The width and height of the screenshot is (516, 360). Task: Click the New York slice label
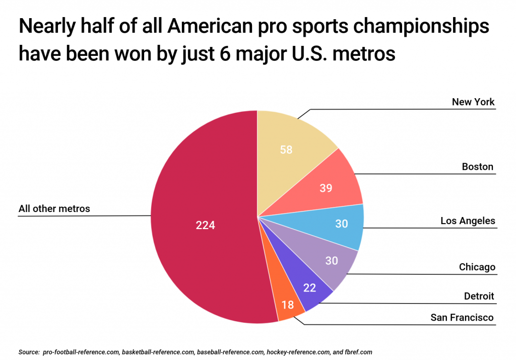pos(473,102)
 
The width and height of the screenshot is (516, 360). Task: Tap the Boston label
pos(477,167)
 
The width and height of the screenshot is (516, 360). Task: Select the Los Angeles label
pos(468,221)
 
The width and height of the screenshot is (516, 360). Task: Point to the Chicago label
pos(477,267)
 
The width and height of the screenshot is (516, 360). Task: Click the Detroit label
pos(479,296)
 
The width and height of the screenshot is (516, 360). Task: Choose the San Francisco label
pos(462,317)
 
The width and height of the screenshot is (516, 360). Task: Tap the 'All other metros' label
pos(54,208)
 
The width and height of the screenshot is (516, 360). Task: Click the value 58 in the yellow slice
pos(286,150)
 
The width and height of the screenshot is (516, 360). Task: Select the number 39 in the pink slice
pos(326,188)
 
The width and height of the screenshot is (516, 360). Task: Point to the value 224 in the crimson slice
pos(205,226)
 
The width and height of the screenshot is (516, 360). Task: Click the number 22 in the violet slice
pos(309,289)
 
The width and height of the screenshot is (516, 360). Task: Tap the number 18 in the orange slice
pos(288,305)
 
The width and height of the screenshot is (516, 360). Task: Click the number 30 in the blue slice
pos(342,224)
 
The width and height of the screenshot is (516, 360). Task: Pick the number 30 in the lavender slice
pos(331,261)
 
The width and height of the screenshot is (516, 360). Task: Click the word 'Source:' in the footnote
pos(29,352)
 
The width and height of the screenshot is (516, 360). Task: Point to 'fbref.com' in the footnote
pos(358,352)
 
